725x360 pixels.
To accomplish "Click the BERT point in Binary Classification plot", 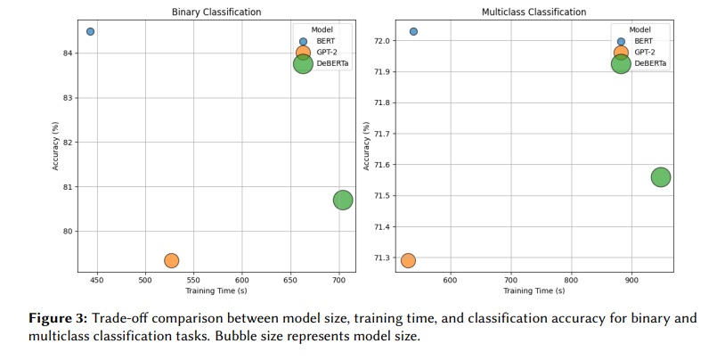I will [90, 31].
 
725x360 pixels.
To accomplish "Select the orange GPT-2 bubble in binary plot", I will [171, 260].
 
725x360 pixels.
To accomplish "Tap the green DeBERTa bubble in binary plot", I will [343, 200].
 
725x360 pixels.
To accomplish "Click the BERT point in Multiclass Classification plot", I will [413, 31].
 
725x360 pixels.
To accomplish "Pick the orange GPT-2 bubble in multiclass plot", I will [408, 260].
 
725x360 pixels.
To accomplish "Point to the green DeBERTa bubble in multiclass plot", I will [661, 176].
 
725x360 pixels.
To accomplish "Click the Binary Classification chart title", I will [216, 12].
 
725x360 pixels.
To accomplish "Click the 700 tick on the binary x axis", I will [338, 281].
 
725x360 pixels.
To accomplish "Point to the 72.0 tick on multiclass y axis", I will [380, 41].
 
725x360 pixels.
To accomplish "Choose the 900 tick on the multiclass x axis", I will [631, 281].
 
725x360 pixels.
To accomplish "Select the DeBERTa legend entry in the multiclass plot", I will [649, 63].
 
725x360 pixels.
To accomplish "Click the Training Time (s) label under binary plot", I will [216, 291].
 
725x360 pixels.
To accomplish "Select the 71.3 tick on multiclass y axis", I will [380, 258].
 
